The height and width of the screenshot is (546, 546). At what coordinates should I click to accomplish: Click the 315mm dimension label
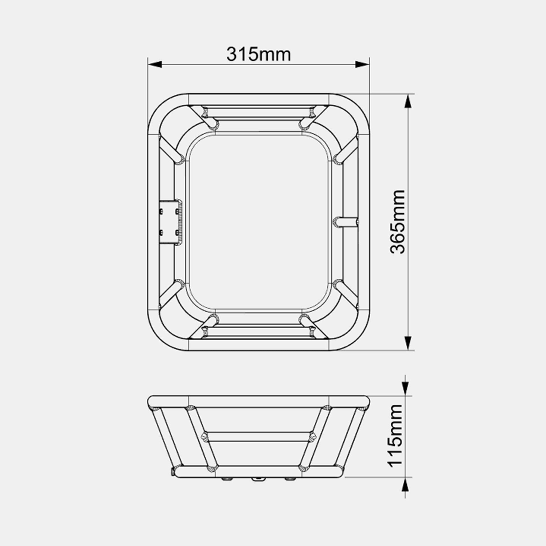(x=259, y=54)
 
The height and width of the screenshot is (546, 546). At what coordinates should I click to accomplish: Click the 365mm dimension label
(x=397, y=222)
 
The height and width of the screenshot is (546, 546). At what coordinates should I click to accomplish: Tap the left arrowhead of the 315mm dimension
(x=155, y=65)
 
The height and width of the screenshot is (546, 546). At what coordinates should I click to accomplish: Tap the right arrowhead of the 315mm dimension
(x=362, y=65)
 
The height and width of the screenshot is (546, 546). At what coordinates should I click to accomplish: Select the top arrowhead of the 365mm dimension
(x=407, y=101)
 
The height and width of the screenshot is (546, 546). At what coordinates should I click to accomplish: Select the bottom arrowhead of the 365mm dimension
(x=407, y=343)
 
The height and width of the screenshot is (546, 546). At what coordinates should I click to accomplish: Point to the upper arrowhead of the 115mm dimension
(x=405, y=389)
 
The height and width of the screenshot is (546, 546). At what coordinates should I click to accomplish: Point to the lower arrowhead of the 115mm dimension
(x=405, y=485)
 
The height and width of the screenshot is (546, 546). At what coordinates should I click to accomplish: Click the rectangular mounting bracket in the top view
(x=170, y=222)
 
